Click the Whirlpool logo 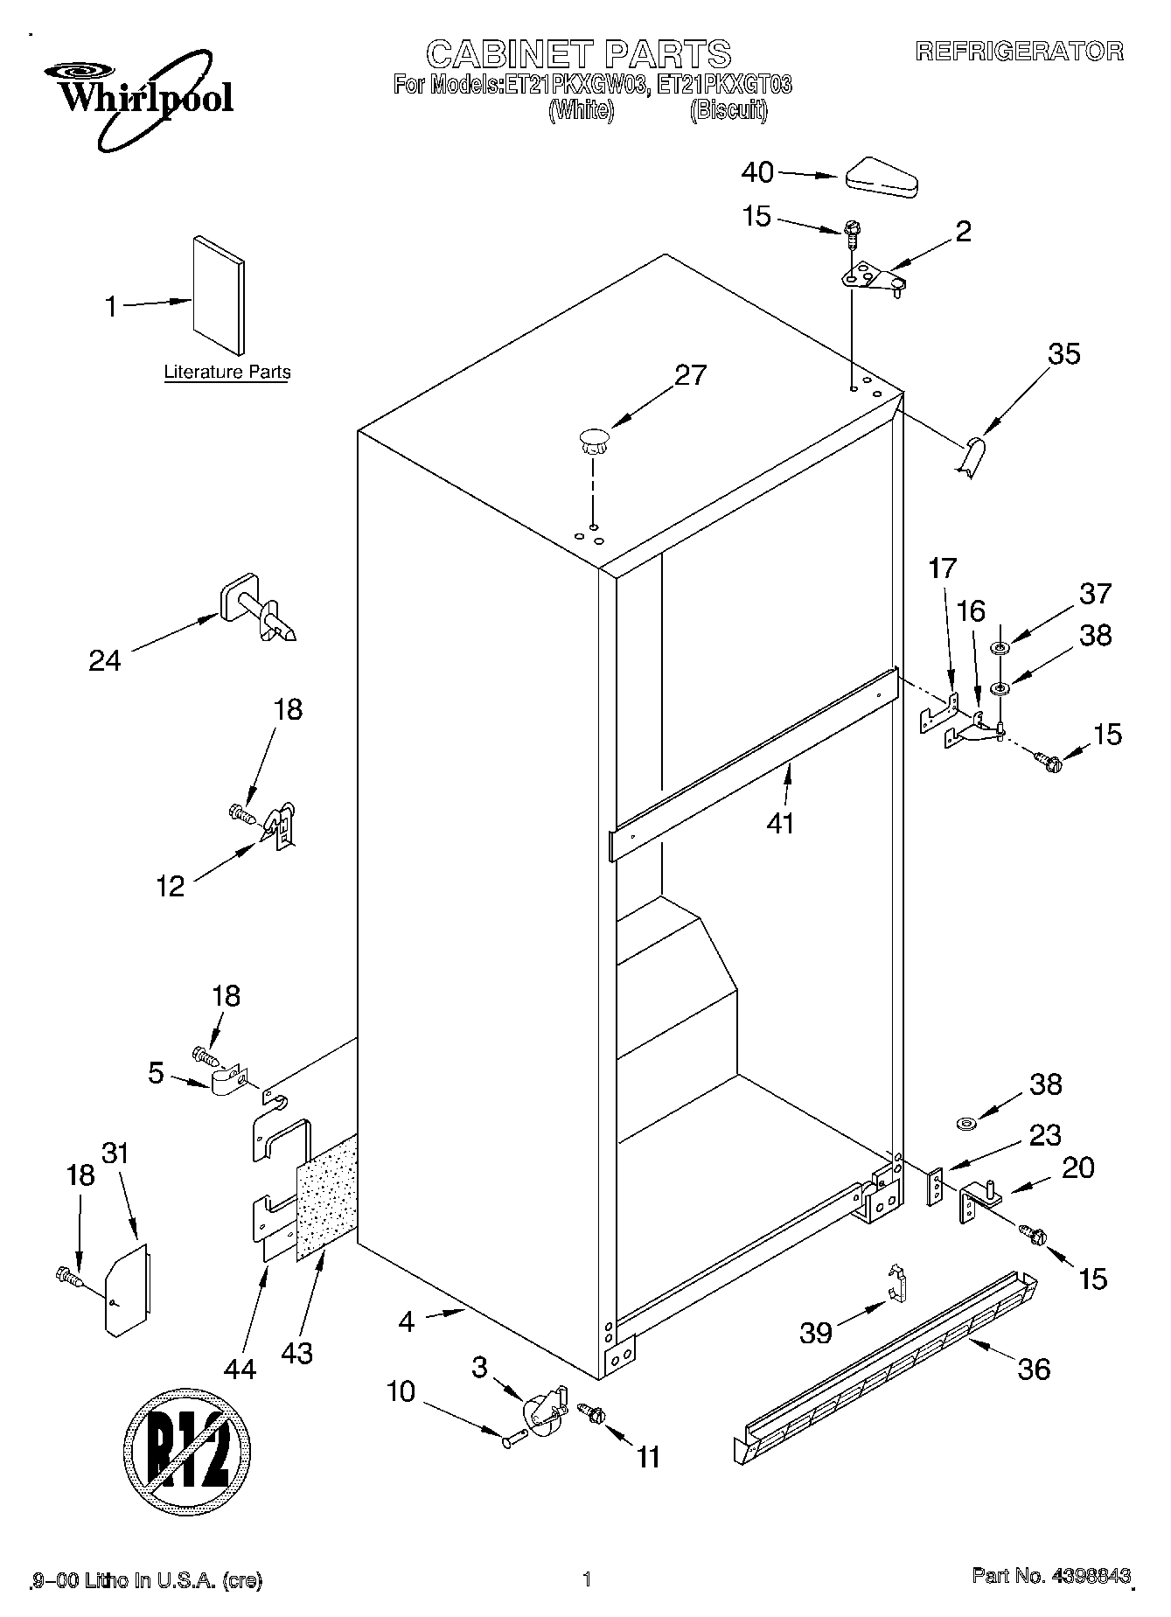144,94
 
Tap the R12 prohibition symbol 187,1460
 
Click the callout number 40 757,173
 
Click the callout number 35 1063,354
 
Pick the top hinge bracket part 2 872,279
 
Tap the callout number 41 780,823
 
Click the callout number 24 105,660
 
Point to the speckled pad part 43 327,1198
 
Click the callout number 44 240,1368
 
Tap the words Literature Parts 227,372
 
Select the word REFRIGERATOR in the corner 1019,52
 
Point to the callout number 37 1095,594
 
